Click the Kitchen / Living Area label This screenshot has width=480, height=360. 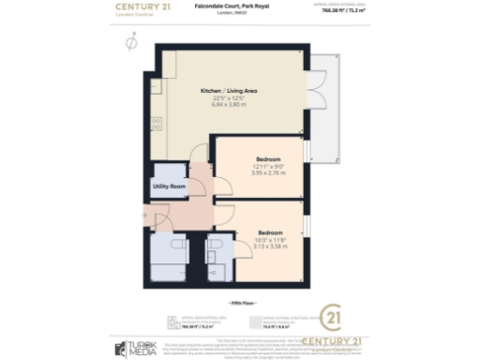(x=229, y=90)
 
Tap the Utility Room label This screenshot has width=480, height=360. (x=170, y=187)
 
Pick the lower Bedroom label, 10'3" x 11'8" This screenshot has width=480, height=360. (x=271, y=232)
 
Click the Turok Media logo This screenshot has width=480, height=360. (x=138, y=348)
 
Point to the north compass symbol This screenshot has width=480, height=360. (x=130, y=42)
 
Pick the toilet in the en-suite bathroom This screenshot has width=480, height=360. (x=215, y=246)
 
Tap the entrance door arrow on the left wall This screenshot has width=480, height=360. (x=143, y=217)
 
